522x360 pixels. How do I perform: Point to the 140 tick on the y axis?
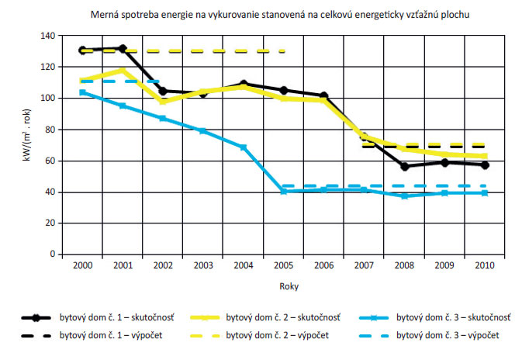46,36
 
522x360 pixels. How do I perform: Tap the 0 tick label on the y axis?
51,254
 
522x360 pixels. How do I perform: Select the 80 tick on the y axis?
48,130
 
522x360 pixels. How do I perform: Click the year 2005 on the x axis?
283,265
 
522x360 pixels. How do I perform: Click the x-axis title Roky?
283,286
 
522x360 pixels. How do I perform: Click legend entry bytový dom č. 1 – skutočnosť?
108,318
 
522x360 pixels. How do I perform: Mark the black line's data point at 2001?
122,48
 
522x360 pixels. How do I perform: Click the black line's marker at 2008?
404,166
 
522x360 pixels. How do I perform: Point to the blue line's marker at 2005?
284,191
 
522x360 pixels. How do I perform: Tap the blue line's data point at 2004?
243,147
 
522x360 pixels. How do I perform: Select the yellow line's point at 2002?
162,102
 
